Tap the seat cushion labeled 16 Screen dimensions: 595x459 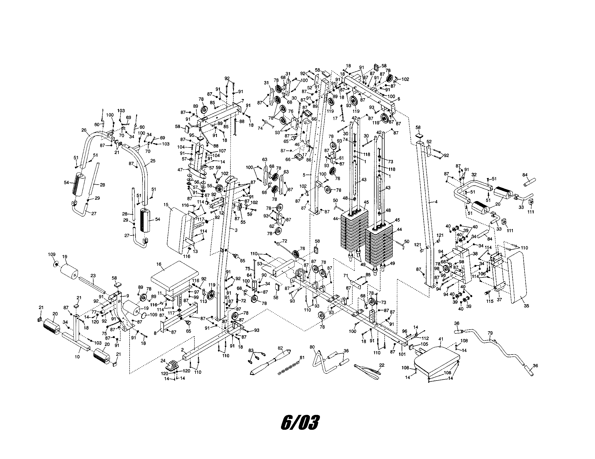coord(175,276)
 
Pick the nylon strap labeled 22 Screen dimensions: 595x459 coord(367,371)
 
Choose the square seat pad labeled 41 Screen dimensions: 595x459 coord(436,360)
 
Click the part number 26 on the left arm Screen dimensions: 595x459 coord(84,130)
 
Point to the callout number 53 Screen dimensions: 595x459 coord(260,264)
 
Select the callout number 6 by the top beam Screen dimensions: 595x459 coord(399,99)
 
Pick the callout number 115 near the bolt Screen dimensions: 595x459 coord(490,301)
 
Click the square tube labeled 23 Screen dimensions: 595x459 coord(92,284)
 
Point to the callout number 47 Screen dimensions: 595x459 coord(180,170)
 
